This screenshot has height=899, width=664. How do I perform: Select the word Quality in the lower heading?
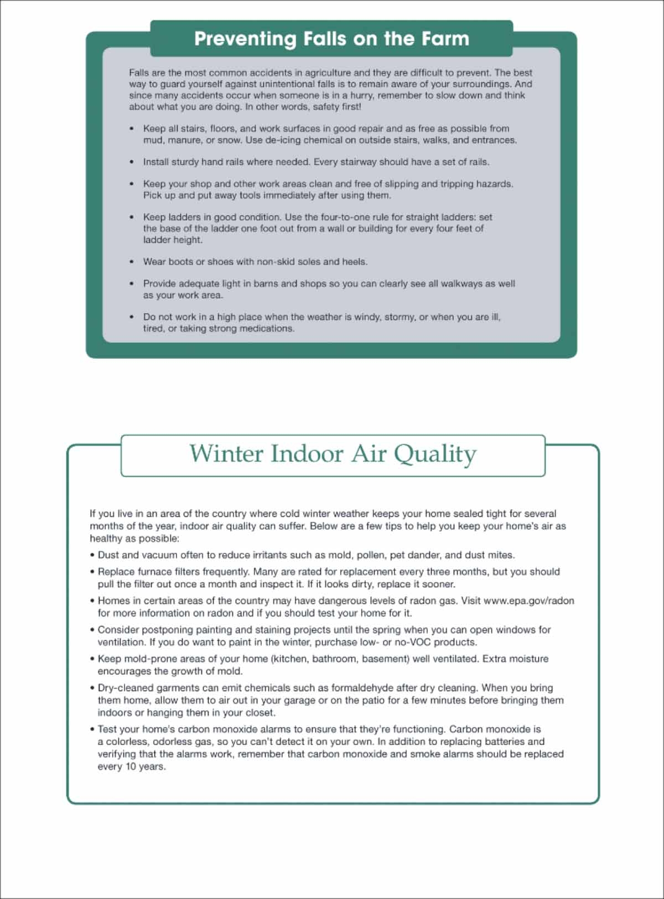click(434, 454)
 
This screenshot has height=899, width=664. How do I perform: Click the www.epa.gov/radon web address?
click(529, 600)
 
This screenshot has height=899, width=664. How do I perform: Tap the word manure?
click(185, 140)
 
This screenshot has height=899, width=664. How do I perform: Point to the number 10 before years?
click(130, 767)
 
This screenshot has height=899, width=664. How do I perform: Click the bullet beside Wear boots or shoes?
click(131, 262)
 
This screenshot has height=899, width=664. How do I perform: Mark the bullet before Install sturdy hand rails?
click(131, 162)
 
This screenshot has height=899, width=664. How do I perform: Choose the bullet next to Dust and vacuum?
click(92, 555)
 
